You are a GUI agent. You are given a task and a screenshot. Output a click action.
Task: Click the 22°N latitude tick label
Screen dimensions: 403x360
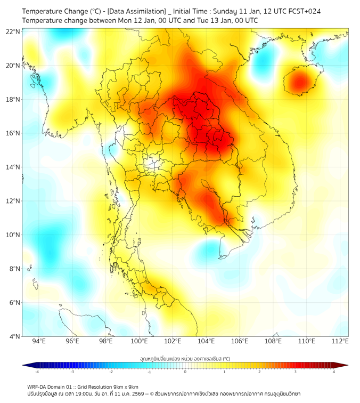click(x=13, y=31)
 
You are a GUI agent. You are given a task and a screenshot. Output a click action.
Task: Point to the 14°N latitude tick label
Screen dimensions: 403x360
click(x=13, y=167)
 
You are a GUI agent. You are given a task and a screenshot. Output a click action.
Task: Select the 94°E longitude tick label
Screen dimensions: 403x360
click(x=39, y=341)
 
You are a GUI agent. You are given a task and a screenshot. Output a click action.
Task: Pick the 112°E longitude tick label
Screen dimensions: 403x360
click(x=340, y=341)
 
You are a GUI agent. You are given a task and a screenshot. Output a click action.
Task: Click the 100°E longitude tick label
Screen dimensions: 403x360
click(x=139, y=341)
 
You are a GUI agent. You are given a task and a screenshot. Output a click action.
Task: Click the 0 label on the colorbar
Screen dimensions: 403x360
click(x=185, y=372)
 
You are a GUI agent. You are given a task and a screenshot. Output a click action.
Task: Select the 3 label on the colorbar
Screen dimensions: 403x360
click(x=295, y=372)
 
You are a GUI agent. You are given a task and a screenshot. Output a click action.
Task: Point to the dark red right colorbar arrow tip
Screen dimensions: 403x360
click(x=347, y=365)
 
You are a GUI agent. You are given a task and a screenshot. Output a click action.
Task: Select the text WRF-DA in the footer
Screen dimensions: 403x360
click(x=37, y=386)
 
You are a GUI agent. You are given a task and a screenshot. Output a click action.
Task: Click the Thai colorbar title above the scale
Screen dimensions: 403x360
click(x=185, y=358)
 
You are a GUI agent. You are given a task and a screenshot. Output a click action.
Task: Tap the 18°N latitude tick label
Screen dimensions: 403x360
click(x=13, y=99)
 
